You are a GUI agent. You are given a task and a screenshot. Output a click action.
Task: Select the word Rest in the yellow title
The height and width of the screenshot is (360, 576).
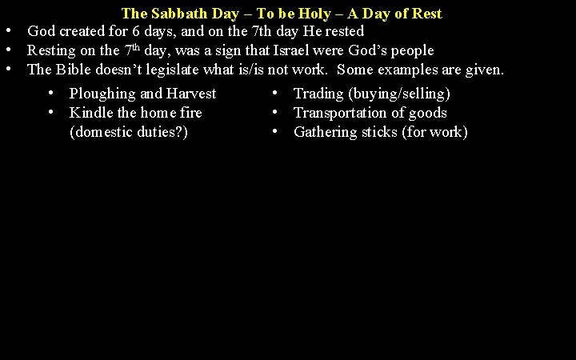click(x=426, y=14)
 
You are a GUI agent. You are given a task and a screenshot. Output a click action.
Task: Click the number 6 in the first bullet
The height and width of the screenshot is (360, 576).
click(x=158, y=31)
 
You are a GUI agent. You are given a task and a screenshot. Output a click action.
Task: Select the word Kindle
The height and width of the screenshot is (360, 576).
click(x=91, y=113)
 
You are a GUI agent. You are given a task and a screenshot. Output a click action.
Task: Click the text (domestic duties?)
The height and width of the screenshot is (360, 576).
click(x=130, y=132)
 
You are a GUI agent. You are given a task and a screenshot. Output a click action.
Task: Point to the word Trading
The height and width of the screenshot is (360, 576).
click(x=318, y=94)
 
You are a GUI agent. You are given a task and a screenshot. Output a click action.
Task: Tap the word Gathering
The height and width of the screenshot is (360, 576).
click(x=326, y=132)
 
